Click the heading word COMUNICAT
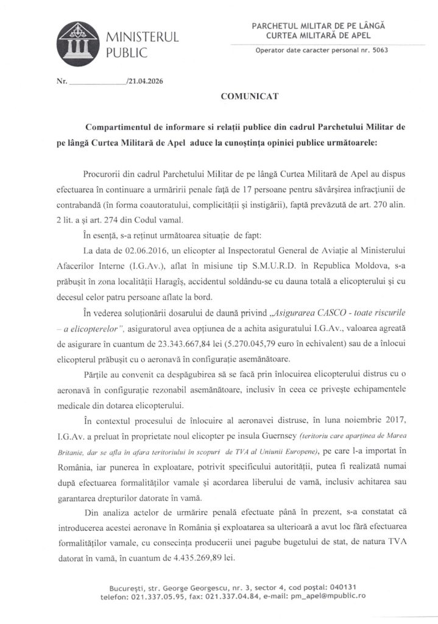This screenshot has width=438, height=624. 244,96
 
